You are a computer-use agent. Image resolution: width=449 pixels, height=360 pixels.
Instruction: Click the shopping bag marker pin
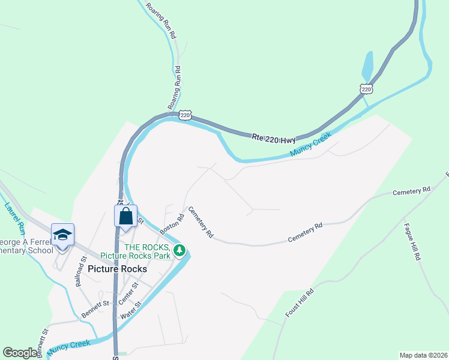125,216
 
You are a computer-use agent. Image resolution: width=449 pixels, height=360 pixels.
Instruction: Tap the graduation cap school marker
62,235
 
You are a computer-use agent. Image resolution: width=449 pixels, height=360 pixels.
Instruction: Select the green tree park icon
178,250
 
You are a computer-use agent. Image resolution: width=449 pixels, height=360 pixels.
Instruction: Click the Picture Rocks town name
117,269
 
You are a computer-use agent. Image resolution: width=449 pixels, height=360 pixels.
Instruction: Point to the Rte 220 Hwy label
274,139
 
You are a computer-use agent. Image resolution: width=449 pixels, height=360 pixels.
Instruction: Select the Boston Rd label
171,223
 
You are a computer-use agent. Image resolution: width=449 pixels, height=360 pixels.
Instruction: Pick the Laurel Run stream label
14,218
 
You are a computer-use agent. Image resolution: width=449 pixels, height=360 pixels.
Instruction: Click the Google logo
20,353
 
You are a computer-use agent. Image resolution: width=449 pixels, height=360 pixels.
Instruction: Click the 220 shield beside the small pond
366,89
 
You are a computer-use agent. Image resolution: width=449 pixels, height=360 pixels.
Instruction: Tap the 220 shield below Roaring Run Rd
186,115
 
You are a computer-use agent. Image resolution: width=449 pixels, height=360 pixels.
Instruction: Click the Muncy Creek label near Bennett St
70,346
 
